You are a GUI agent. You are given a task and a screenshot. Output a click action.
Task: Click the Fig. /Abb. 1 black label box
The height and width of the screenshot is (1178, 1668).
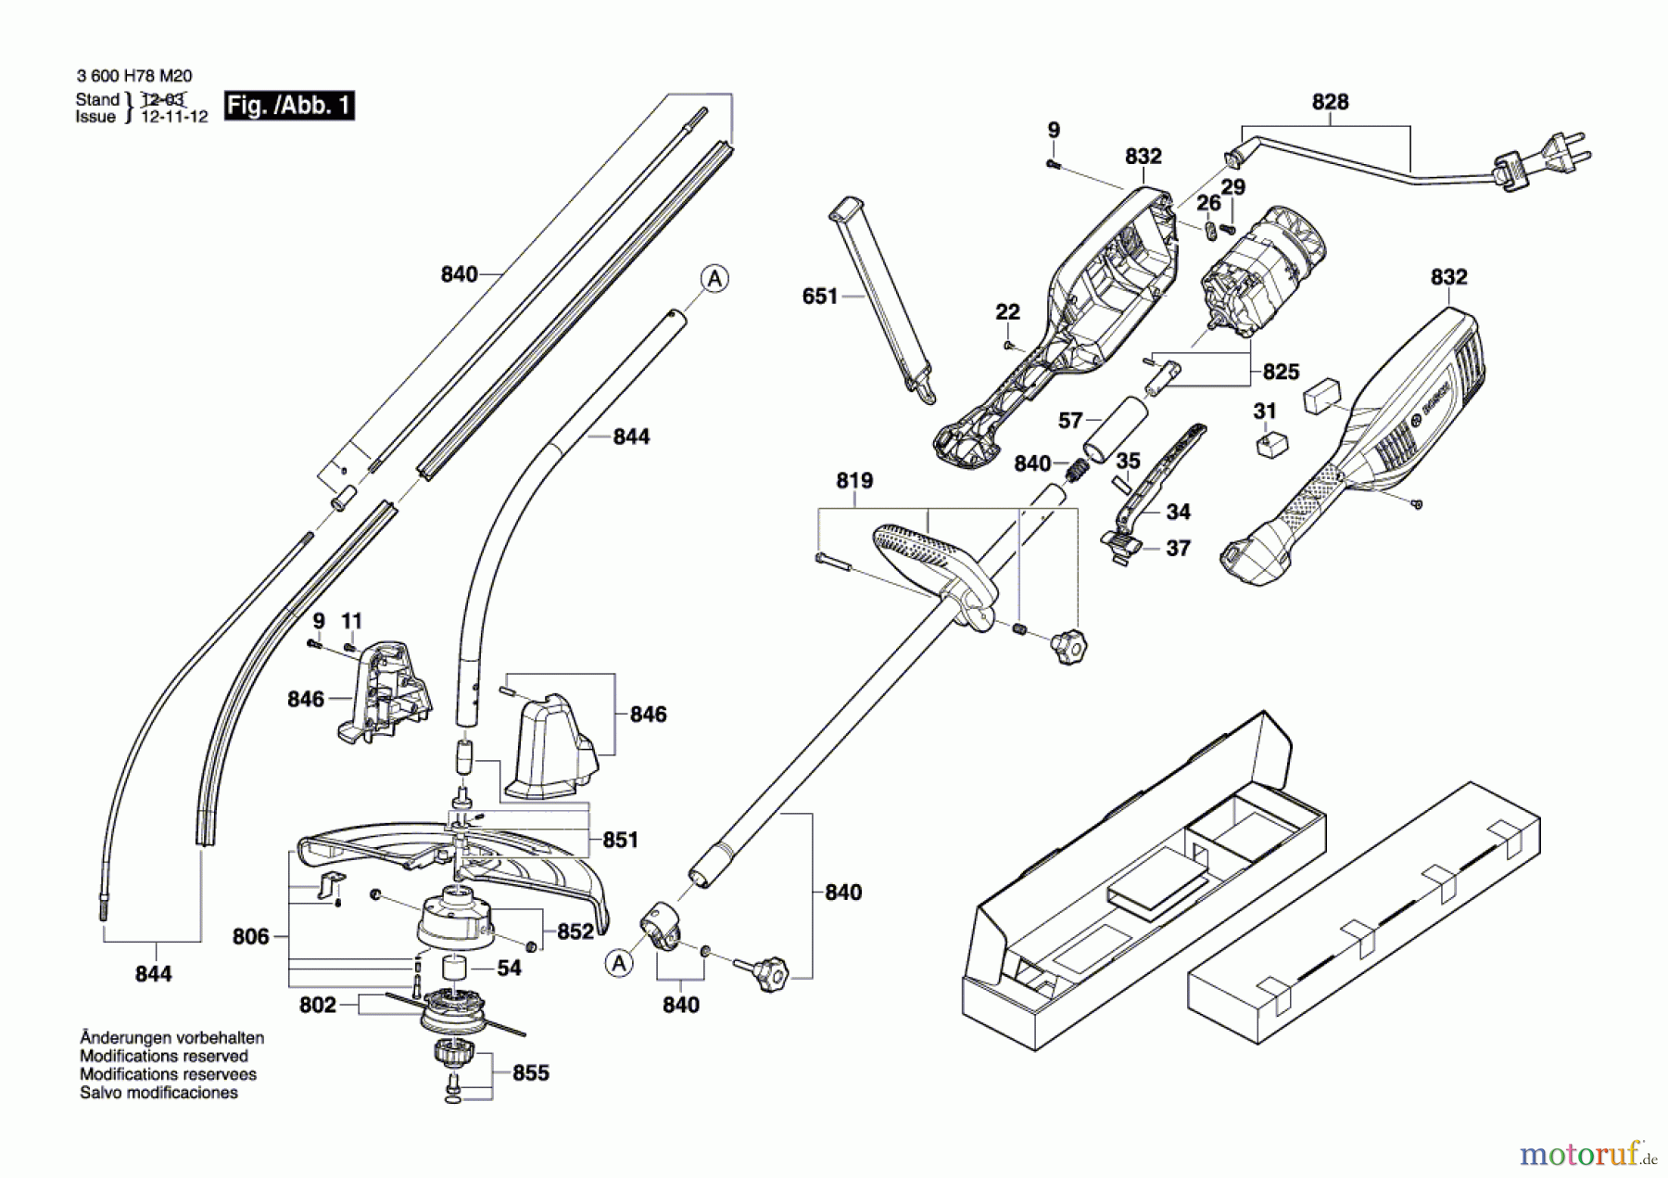coord(289,106)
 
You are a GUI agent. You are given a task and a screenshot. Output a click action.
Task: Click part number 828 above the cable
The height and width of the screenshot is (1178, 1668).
coord(1330,102)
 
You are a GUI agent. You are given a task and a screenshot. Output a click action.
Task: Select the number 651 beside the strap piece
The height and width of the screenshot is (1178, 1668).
coord(819,297)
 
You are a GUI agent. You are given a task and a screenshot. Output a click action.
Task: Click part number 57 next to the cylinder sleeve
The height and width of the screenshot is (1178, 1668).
coord(1070,421)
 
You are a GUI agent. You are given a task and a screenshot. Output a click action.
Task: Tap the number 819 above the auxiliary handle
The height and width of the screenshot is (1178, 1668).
coord(853,481)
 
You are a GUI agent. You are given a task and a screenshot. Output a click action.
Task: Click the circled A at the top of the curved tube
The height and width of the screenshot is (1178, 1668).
coord(714,278)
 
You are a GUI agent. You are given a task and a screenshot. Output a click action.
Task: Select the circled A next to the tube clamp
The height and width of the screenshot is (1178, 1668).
coord(619,964)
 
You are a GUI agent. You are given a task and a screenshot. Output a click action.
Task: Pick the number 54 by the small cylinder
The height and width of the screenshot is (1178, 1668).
coord(509,969)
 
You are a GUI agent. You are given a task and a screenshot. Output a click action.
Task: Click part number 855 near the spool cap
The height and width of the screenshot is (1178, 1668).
coord(530,1073)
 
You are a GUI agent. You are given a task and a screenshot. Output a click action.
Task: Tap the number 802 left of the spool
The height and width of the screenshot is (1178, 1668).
coord(317,1006)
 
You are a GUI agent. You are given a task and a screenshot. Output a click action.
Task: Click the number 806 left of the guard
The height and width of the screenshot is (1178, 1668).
coord(250,937)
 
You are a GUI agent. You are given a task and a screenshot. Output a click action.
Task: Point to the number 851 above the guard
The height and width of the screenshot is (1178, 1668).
coord(620,840)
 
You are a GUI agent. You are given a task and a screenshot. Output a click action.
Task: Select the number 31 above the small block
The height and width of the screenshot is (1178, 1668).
coord(1265,411)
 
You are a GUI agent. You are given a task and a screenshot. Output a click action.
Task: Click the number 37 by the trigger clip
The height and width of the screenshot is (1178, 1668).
coord(1177,549)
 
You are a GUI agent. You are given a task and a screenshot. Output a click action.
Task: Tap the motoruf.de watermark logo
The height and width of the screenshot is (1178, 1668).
coord(1586,1154)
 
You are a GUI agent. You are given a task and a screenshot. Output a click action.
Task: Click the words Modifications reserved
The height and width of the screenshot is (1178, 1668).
coord(163,1057)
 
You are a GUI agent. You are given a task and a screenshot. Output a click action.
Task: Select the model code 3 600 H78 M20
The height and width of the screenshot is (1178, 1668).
coord(134,77)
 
